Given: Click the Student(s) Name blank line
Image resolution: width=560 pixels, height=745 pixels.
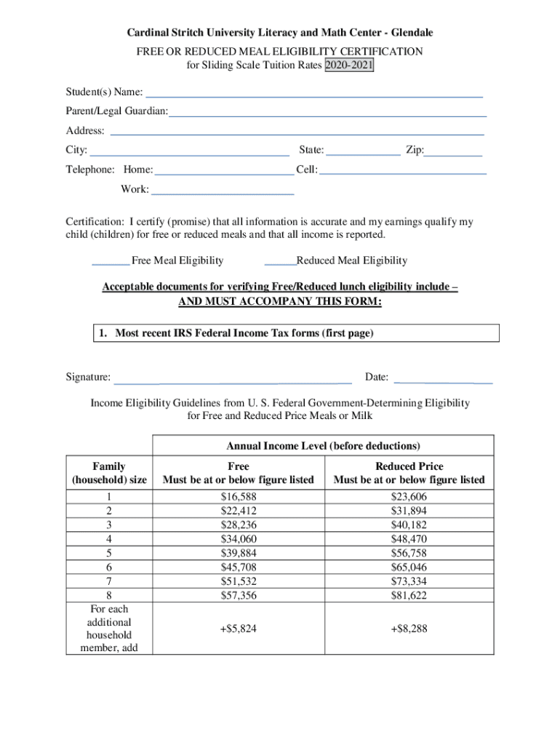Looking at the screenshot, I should click(314, 94).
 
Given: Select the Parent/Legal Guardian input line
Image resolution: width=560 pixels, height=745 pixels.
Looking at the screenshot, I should click(327, 113).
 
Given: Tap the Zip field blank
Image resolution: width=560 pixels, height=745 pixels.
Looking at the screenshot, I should click(453, 152).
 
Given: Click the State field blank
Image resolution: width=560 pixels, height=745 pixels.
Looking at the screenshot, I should click(363, 152).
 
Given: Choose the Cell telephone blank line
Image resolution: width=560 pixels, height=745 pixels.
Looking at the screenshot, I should click(403, 170).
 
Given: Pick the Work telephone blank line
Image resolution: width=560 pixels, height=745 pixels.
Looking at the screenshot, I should click(222, 191).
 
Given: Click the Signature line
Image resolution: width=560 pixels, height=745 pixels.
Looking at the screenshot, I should click(233, 378).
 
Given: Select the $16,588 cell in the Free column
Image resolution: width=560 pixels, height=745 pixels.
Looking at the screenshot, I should click(239, 497).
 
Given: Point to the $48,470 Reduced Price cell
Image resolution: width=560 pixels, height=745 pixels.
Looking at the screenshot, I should click(409, 539).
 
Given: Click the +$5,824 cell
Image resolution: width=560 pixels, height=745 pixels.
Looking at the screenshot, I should click(239, 629).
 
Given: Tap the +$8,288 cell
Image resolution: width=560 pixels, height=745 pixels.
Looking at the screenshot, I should click(409, 629).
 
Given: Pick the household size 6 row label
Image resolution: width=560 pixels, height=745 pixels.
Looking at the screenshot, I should click(108, 567).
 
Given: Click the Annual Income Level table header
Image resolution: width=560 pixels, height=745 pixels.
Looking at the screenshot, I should click(323, 445).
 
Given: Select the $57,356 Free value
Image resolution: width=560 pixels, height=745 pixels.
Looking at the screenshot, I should click(239, 596).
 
